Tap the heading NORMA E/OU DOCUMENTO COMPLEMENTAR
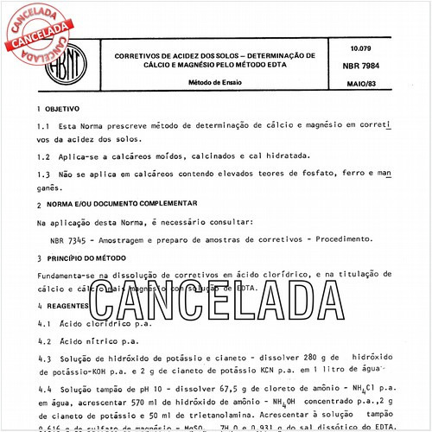tap(126, 205)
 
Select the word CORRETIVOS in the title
tap(132, 54)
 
